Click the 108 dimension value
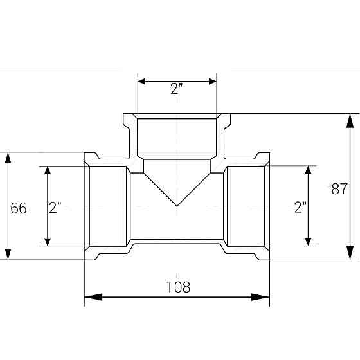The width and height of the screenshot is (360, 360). click(x=178, y=287)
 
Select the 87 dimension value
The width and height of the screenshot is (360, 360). click(x=339, y=189)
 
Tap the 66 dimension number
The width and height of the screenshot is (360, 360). click(x=19, y=208)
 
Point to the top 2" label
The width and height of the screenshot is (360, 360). click(x=177, y=89)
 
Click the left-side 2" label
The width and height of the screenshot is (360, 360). click(x=55, y=207)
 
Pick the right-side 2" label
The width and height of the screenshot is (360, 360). click(x=300, y=207)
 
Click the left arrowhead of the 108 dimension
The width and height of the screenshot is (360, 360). click(x=93, y=297)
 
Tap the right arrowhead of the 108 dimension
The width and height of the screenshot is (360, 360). click(x=260, y=297)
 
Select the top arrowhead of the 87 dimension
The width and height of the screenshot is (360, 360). click(x=350, y=121)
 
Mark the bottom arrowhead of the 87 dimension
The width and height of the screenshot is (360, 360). click(x=350, y=253)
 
